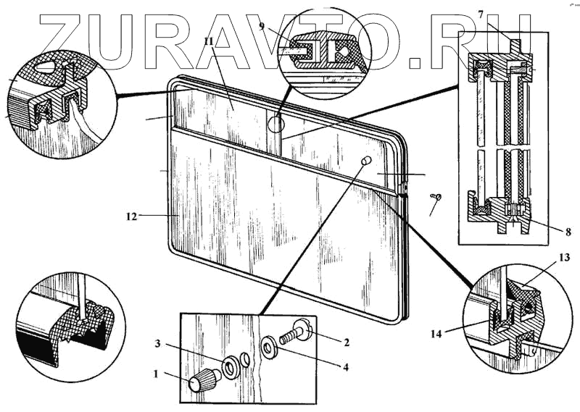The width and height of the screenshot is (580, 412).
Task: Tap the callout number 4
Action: click(346, 367)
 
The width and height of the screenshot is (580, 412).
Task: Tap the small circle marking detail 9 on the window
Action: click(276, 123)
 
